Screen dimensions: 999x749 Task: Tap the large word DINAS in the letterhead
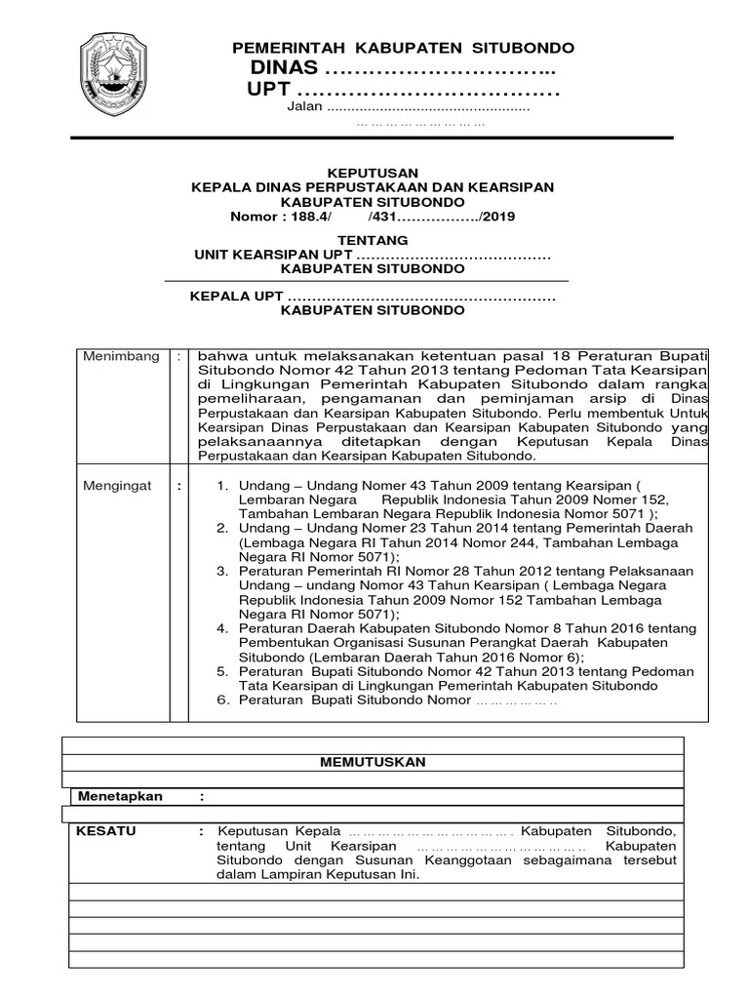pos(284,68)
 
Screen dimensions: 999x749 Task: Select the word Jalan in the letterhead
pos(303,106)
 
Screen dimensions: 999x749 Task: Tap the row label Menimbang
pos(121,357)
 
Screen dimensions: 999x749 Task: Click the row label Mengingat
pos(117,486)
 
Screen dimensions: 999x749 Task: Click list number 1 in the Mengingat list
pos(221,486)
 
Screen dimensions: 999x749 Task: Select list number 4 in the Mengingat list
pos(221,630)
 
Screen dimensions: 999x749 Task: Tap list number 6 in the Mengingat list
pos(221,700)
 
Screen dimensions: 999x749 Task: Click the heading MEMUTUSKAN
pos(373,762)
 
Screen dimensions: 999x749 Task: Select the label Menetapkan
pos(121,796)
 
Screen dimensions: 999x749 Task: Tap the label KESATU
pos(107,831)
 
